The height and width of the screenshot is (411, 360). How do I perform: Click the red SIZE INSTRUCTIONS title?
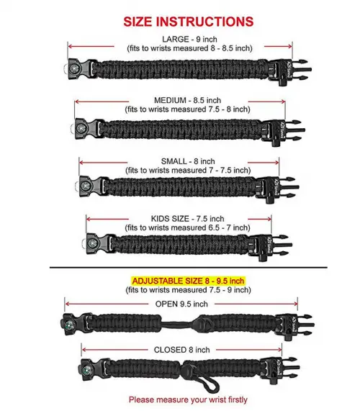coord(188,22)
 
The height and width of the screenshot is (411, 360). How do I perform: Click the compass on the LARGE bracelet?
coord(73,69)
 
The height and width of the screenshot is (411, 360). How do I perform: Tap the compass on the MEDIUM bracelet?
coord(81,128)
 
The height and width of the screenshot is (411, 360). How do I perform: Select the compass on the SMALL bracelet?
coord(85,186)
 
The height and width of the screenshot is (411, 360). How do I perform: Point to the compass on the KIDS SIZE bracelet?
coord(92,243)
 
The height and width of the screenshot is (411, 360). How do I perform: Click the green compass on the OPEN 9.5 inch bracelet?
coord(68,325)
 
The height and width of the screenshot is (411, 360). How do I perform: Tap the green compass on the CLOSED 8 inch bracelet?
coord(86,370)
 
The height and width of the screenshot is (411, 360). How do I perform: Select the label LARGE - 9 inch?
coord(189,40)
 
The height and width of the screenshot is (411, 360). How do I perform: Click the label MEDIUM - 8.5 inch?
coord(187,100)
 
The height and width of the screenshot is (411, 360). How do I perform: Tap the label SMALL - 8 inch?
coord(188,161)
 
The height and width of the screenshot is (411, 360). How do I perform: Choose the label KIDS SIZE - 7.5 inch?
coord(187,219)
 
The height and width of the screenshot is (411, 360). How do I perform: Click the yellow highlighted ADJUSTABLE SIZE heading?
coord(188,281)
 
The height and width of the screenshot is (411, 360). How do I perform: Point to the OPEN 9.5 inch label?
coord(181,304)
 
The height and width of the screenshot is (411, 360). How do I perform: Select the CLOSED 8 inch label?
coord(181,350)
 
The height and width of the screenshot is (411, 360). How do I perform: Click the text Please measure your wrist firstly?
coord(188,399)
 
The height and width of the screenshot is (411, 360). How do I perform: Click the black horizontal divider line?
coord(189,268)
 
